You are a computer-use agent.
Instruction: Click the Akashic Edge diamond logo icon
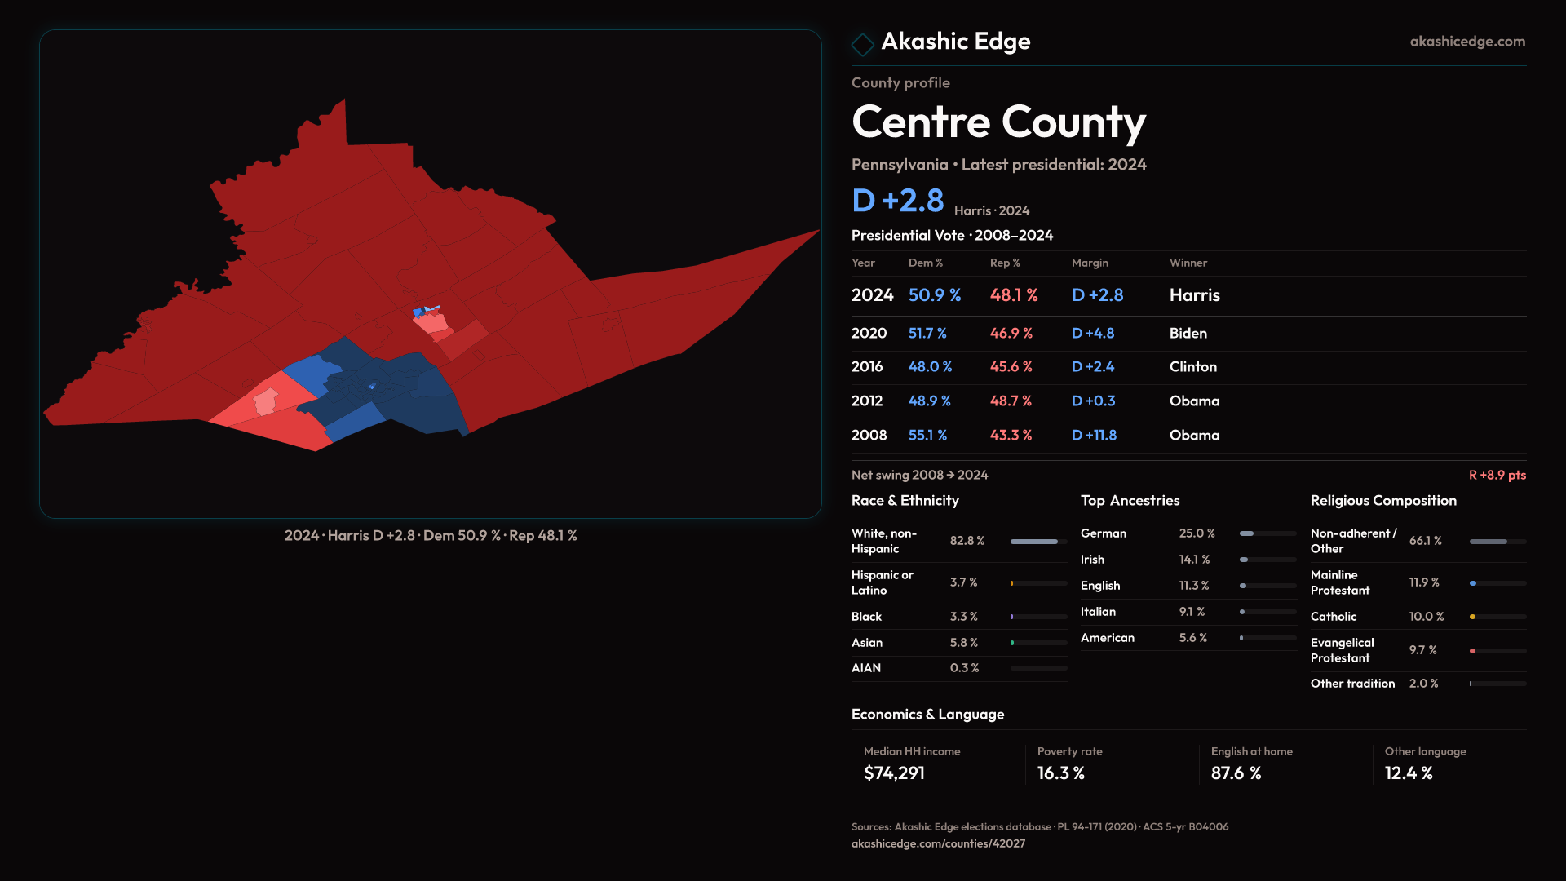[862, 43]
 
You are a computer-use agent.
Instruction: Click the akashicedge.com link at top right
[1466, 42]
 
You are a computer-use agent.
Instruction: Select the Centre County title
[998, 122]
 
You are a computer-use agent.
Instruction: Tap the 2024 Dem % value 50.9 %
[934, 295]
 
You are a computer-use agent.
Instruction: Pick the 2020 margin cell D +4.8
[1092, 334]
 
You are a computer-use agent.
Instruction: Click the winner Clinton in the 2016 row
[1192, 367]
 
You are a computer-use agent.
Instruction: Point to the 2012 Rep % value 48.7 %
[1011, 401]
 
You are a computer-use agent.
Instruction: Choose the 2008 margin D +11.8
[1094, 436]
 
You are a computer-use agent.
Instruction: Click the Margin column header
[1090, 263]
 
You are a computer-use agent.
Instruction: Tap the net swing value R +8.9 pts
[1497, 475]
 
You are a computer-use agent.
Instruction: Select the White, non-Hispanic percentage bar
[1038, 542]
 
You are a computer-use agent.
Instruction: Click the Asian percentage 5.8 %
[963, 643]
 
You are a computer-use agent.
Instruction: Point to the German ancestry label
[1103, 533]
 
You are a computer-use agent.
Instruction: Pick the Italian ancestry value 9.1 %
[1192, 612]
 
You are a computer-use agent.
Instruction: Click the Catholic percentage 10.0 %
[1426, 617]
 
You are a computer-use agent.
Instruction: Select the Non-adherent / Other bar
[1497, 542]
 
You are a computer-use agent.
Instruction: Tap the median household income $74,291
[894, 773]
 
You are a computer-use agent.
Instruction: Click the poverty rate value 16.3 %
[1060, 773]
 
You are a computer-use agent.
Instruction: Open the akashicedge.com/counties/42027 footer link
[938, 843]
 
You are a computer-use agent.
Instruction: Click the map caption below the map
[431, 536]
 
